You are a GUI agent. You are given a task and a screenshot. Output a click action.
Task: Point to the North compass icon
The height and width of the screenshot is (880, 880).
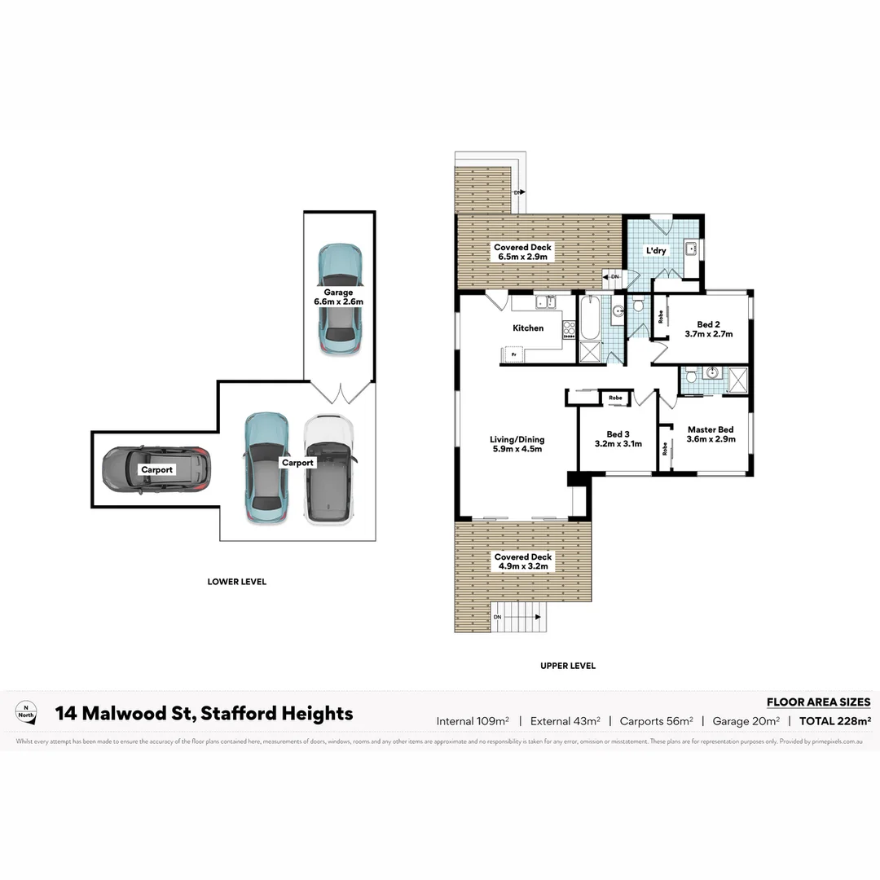(28, 712)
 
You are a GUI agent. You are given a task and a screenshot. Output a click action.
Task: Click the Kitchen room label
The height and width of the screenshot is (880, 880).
(528, 328)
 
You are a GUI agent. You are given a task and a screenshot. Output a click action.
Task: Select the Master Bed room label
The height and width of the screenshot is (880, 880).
(710, 429)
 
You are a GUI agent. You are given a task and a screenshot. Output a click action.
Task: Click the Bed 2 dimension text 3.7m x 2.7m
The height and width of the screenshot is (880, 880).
(709, 334)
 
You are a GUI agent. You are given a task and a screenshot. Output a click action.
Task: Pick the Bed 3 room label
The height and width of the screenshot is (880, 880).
(618, 434)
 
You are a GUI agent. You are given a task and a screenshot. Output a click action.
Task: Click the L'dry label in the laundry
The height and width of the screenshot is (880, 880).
(656, 251)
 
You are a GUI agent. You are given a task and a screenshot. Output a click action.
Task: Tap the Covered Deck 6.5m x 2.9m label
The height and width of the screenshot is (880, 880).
(522, 252)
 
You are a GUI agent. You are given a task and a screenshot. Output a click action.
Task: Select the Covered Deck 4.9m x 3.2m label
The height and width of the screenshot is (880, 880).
(522, 561)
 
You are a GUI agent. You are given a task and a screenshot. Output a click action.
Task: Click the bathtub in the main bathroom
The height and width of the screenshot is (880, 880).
(588, 318)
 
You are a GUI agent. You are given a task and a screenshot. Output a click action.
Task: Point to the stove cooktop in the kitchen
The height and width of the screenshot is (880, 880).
(569, 329)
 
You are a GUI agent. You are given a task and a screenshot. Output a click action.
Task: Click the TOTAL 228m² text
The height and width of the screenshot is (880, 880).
(835, 720)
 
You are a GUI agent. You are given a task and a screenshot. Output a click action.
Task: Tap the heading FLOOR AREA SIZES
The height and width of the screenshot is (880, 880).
(818, 702)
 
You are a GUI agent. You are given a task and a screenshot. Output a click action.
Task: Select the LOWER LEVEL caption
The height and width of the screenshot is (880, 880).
(236, 582)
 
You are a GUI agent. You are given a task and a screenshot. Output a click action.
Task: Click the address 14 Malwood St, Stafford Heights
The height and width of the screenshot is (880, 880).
(204, 714)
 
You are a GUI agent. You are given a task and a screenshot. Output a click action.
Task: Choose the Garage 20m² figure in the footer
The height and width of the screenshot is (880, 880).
(746, 720)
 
